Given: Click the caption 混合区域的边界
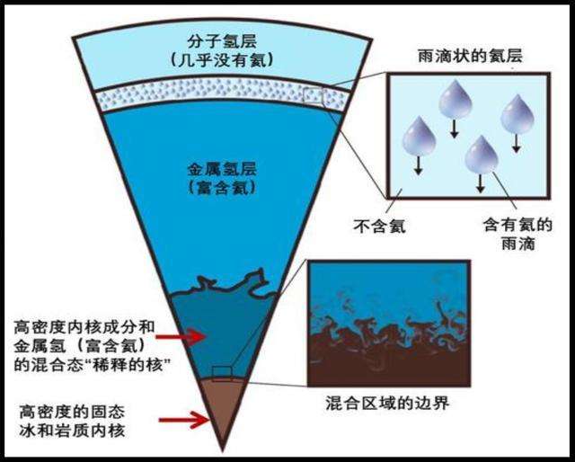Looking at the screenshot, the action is pyautogui.click(x=389, y=402).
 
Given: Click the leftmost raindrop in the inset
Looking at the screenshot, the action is pyautogui.click(x=419, y=137).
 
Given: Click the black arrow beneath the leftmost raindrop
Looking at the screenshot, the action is pyautogui.click(x=419, y=165).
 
